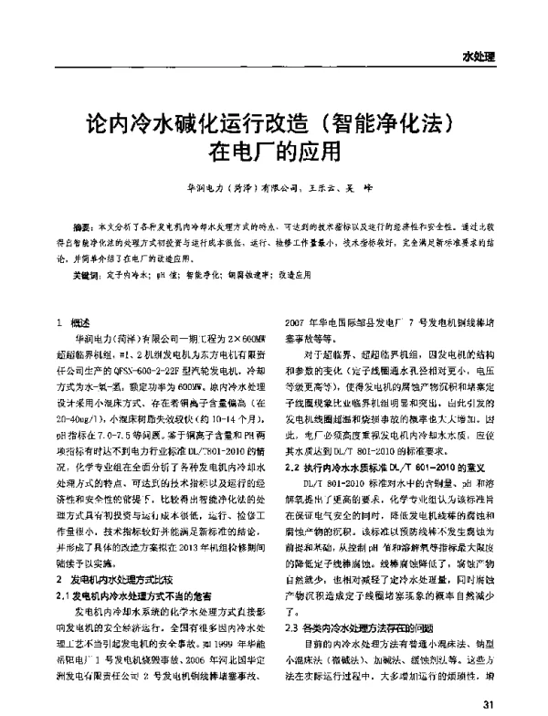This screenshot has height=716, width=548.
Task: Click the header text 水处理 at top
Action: [479, 57]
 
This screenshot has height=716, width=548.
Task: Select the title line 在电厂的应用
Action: [274, 149]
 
